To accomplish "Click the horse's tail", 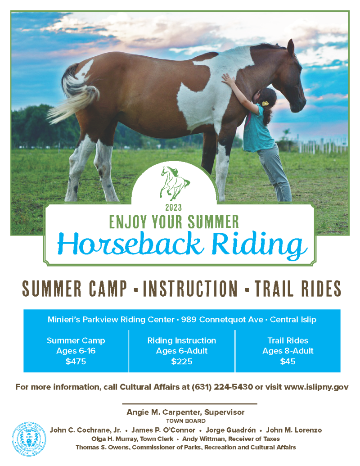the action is pyautogui.click(x=74, y=95).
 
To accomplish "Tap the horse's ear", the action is pyautogui.click(x=291, y=48).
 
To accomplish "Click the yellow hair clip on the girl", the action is pyautogui.click(x=265, y=104).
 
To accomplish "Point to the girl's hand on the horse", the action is pyautogui.click(x=228, y=80).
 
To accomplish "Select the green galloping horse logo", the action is pyautogui.click(x=175, y=183).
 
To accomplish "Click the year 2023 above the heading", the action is pyautogui.click(x=173, y=208).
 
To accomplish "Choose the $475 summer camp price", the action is pyautogui.click(x=76, y=362).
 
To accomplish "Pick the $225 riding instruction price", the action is pyautogui.click(x=182, y=362).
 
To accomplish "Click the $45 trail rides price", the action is pyautogui.click(x=288, y=362).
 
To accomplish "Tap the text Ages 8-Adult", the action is pyautogui.click(x=288, y=351).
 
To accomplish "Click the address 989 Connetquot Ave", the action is pyautogui.click(x=222, y=320).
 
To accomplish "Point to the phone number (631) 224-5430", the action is pyautogui.click(x=222, y=387).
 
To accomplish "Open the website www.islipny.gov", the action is pyautogui.click(x=316, y=387).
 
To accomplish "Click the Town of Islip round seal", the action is pyautogui.click(x=29, y=439).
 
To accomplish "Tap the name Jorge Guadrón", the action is pyautogui.click(x=230, y=430).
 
